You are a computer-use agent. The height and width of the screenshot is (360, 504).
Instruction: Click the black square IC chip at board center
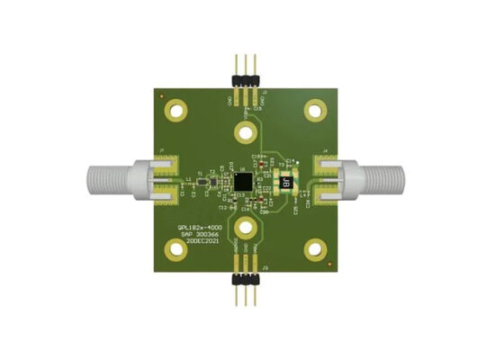(242, 181)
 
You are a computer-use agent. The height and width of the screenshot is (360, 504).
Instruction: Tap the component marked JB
(287, 183)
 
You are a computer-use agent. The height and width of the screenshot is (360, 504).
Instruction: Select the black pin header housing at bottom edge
(246, 277)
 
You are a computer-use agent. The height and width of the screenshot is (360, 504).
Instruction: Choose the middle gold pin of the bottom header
(246, 295)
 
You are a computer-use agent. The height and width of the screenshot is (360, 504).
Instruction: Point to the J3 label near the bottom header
(265, 270)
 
